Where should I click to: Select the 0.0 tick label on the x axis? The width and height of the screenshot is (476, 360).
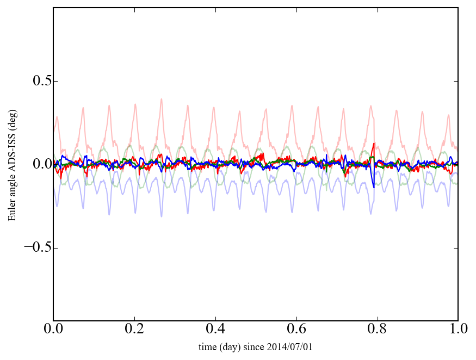(x=53, y=330)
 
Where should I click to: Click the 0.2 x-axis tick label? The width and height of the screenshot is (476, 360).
(x=134, y=330)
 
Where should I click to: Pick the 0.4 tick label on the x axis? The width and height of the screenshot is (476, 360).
(x=215, y=330)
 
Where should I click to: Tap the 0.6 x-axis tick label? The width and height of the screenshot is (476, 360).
(x=296, y=330)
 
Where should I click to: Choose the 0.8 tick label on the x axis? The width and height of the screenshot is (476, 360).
(x=377, y=330)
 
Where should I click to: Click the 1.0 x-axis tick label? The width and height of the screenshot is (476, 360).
(x=458, y=330)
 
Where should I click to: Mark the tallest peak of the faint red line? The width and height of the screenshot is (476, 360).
(x=161, y=99)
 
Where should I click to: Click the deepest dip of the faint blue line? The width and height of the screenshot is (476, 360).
(x=161, y=216)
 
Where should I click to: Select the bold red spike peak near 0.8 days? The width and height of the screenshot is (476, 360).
(x=373, y=144)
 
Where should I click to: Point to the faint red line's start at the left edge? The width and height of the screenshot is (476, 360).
(x=54, y=129)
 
